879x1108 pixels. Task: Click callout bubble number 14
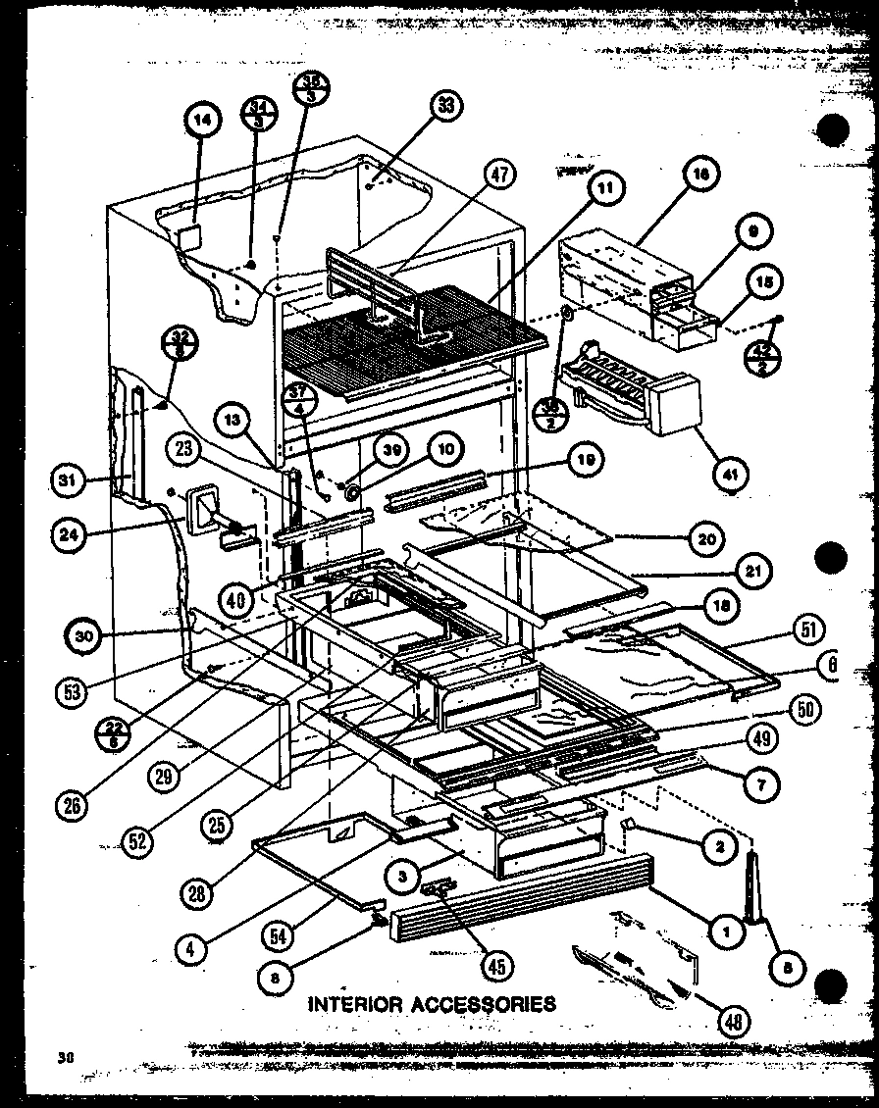click(x=201, y=122)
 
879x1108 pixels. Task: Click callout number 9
click(x=752, y=233)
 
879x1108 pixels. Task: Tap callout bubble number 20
click(x=708, y=538)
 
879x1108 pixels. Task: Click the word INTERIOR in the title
click(x=353, y=1003)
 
